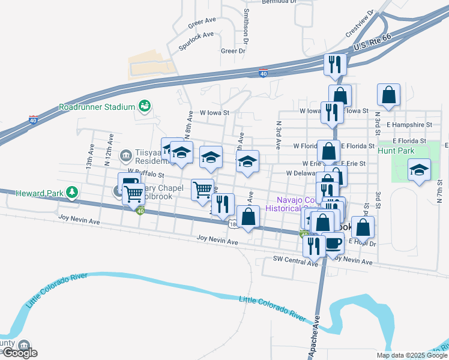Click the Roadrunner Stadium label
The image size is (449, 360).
click(95, 107)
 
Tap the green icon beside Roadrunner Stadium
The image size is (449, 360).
click(143, 106)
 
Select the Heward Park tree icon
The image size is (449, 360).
click(72, 192)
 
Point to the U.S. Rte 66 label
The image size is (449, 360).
click(372, 41)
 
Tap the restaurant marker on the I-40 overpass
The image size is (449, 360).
click(335, 64)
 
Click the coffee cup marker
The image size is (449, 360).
click(334, 243)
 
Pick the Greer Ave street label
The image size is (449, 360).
click(202, 20)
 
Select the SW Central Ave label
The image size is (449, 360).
click(295, 259)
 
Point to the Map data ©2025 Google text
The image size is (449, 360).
click(412, 355)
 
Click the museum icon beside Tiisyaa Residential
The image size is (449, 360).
click(125, 156)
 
